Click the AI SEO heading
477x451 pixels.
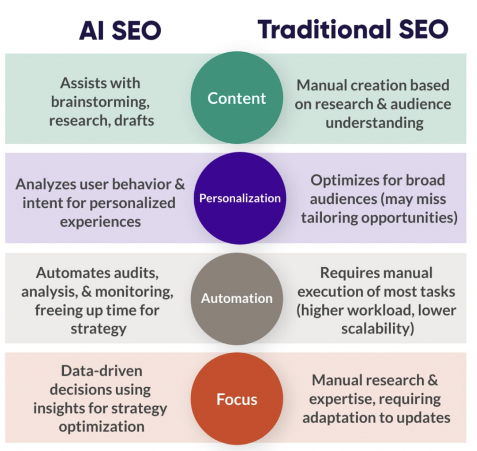(x=120, y=30)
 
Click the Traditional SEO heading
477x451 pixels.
(x=353, y=29)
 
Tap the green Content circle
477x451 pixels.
(x=237, y=97)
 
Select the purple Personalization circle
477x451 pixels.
(x=240, y=198)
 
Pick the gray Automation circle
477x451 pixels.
(x=237, y=298)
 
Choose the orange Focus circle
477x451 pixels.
(x=237, y=399)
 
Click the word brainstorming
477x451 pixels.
(x=100, y=102)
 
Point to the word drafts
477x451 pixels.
(x=134, y=121)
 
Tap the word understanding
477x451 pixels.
(x=375, y=123)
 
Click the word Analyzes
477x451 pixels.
(x=46, y=185)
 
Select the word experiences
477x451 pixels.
(x=101, y=222)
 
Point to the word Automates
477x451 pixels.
(x=73, y=273)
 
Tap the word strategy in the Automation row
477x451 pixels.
(x=99, y=329)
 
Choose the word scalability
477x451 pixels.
(x=377, y=329)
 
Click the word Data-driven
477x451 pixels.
(x=102, y=371)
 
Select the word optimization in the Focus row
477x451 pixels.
(x=102, y=427)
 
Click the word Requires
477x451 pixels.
(x=343, y=273)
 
